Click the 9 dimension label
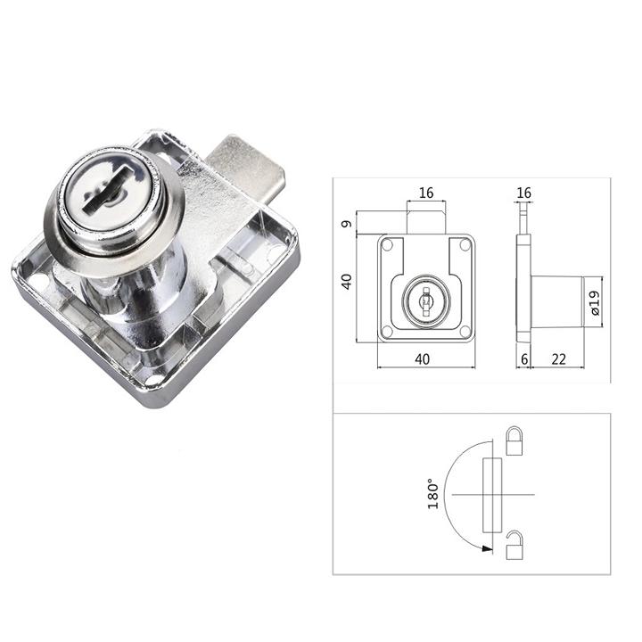[x=347, y=223]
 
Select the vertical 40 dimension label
[x=347, y=281]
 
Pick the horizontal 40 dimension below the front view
[x=424, y=358]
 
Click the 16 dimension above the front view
[x=425, y=193]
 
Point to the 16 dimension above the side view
[x=523, y=193]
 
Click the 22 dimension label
[x=559, y=358]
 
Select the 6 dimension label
[x=524, y=358]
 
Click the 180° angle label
[x=432, y=493]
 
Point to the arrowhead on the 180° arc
[x=486, y=548]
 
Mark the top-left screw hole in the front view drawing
[x=387, y=243]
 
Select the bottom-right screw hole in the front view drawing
[x=464, y=333]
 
